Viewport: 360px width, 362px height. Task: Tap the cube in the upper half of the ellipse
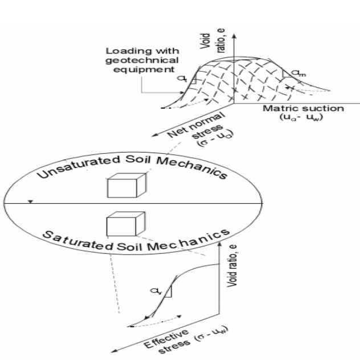point(122,186)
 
